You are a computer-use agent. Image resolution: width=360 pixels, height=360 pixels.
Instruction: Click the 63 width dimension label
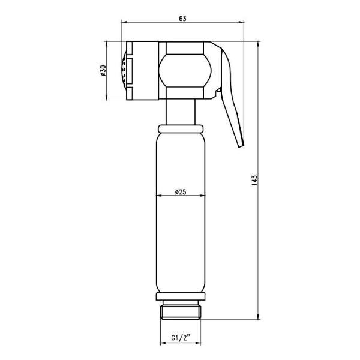point(182,19)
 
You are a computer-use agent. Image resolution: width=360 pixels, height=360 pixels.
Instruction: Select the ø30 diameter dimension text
point(103,71)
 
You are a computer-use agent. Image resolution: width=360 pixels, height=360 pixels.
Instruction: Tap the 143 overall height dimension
point(254,181)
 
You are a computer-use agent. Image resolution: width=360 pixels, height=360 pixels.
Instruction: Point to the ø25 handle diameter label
point(181,192)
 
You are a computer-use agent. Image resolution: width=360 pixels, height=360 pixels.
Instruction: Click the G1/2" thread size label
point(181,338)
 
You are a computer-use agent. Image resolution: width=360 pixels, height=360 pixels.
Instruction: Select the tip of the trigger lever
point(241,146)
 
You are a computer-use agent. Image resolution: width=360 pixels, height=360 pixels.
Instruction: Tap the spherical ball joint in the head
point(185,70)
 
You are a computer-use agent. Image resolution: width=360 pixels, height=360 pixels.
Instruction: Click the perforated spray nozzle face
point(124,70)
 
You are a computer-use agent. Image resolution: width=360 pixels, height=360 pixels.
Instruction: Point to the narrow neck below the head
point(181,112)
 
